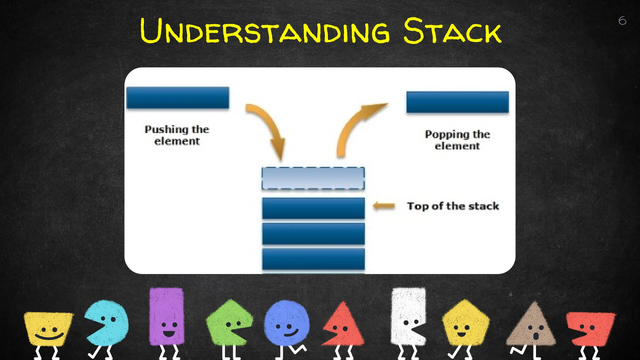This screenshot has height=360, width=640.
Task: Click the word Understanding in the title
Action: (x=265, y=31)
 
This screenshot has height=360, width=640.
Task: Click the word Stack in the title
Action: (x=452, y=31)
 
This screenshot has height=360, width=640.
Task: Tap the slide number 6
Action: (x=622, y=21)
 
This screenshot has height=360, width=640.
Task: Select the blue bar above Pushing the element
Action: (x=177, y=98)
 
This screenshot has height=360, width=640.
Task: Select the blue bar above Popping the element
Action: (x=457, y=102)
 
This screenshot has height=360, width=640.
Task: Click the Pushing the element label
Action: (x=177, y=135)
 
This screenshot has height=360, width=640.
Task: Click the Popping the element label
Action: (x=457, y=140)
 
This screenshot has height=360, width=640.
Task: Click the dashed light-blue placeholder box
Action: (x=313, y=178)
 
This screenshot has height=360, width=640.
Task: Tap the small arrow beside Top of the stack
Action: (x=384, y=206)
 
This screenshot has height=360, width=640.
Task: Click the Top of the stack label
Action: (x=453, y=206)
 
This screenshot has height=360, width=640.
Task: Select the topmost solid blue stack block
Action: (x=313, y=208)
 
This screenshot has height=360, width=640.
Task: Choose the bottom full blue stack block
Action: (x=313, y=259)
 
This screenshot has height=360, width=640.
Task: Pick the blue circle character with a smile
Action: (x=286, y=323)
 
